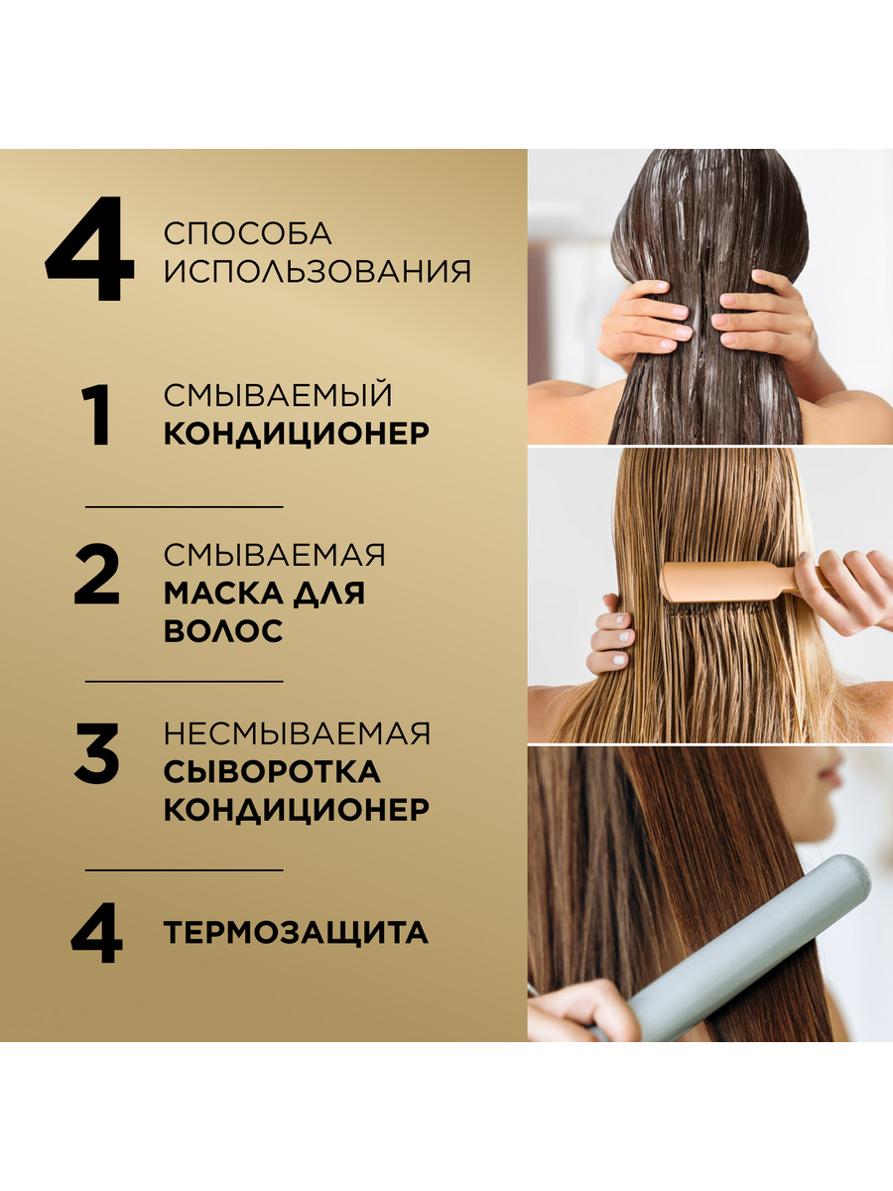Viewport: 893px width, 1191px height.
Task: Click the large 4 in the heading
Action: click(x=89, y=248)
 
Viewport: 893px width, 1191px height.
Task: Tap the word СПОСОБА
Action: click(x=248, y=233)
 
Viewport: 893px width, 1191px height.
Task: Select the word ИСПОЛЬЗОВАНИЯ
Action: click(x=318, y=271)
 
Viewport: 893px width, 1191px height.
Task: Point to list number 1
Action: click(x=97, y=415)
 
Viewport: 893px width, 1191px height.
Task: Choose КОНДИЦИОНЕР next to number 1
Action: click(x=297, y=433)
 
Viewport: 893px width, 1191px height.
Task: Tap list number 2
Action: click(x=96, y=575)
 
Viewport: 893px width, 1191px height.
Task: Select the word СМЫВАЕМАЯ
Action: click(x=275, y=555)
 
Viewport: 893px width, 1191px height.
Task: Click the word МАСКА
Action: click(x=223, y=594)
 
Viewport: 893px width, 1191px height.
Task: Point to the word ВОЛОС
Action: click(x=223, y=630)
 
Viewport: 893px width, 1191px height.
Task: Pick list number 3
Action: click(x=96, y=752)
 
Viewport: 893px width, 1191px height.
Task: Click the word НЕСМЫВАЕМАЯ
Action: click(x=297, y=733)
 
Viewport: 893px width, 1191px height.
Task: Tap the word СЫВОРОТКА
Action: click(x=272, y=771)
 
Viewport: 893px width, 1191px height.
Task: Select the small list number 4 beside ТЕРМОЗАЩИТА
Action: click(x=96, y=933)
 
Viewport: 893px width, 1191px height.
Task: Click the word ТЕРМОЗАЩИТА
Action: click(x=296, y=933)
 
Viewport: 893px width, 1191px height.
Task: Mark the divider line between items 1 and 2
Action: click(x=185, y=507)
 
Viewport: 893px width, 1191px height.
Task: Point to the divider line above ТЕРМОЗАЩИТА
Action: click(x=185, y=869)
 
